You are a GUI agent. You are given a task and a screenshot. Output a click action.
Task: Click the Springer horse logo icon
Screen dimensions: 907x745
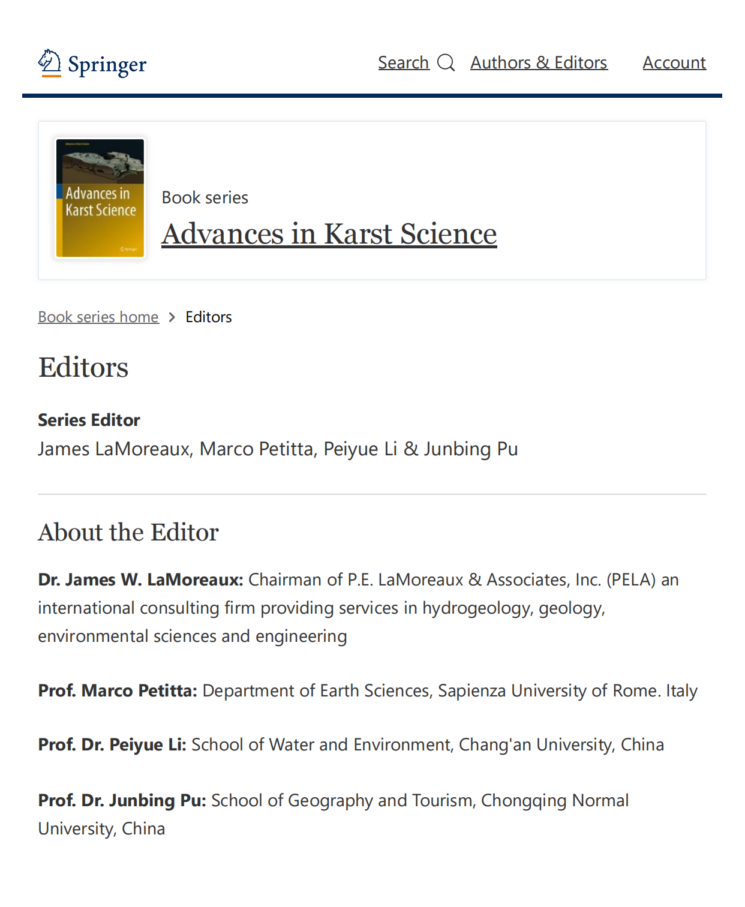click(50, 62)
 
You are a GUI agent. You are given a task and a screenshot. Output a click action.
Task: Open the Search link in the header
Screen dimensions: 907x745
click(403, 62)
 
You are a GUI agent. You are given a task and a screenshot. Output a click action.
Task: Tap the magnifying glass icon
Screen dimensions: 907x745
click(446, 62)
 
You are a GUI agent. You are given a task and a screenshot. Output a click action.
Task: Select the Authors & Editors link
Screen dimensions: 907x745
click(539, 62)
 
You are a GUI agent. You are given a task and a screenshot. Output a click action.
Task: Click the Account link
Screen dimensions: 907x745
click(674, 62)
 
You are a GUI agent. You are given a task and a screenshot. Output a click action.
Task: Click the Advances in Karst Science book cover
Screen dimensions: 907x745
click(100, 198)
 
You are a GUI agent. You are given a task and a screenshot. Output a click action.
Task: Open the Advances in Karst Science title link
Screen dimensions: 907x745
click(329, 234)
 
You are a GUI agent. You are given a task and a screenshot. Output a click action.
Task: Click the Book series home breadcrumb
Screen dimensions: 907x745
click(98, 317)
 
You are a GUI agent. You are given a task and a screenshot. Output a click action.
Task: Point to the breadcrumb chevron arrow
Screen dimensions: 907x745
click(172, 317)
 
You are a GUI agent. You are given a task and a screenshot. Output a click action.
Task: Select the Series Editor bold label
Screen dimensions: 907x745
click(89, 420)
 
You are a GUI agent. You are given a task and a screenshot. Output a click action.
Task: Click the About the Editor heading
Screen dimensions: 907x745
click(128, 533)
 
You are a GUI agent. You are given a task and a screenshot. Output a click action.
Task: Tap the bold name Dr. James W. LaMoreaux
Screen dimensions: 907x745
click(140, 579)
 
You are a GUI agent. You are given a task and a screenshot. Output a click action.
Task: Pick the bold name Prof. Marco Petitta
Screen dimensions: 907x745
click(118, 690)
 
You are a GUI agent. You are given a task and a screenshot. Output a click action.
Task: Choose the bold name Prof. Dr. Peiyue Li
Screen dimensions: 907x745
click(112, 744)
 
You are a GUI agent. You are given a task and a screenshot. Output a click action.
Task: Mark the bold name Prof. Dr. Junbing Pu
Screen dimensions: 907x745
click(122, 800)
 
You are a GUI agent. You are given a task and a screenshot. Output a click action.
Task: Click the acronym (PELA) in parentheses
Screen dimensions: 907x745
click(631, 579)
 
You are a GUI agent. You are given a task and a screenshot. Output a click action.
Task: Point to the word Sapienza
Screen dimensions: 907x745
click(472, 690)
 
